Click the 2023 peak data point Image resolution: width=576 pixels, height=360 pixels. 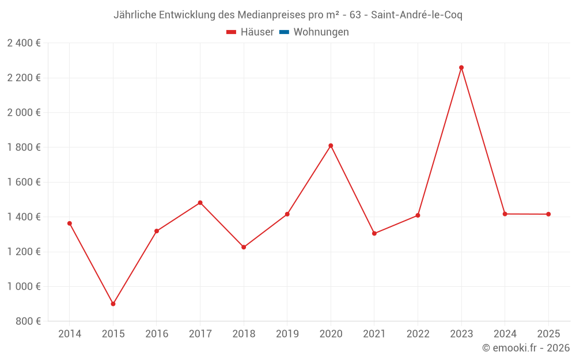[461, 67]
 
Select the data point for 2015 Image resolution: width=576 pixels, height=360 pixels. [113, 304]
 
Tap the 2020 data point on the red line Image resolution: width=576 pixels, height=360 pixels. [331, 146]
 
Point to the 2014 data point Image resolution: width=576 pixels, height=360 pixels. [70, 223]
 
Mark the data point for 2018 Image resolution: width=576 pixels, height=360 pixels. [244, 247]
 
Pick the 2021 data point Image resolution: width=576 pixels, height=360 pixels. [374, 233]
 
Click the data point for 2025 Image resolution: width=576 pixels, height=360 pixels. [548, 214]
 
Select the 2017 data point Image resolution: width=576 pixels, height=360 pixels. [200, 203]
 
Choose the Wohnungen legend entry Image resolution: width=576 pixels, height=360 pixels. [321, 32]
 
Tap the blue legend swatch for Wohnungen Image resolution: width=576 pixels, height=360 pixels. [284, 32]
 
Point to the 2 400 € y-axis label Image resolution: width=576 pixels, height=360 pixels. [24, 43]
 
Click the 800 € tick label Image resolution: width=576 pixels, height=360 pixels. [27, 321]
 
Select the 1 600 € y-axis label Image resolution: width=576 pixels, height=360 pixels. [24, 182]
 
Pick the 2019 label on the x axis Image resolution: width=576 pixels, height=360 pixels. [287, 334]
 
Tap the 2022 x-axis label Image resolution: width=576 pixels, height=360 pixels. [418, 334]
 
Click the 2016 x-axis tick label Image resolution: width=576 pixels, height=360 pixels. [157, 334]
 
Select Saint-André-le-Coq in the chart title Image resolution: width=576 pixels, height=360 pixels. [416, 15]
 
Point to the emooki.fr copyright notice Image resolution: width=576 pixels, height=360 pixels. [526, 348]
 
